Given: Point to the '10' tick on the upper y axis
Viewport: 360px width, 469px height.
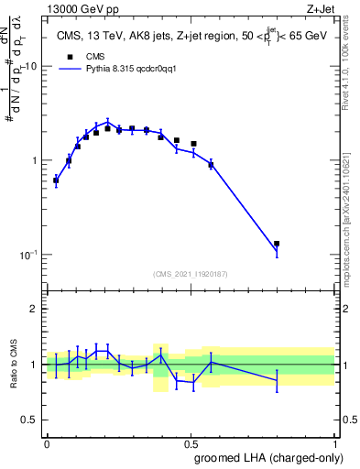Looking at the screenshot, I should click(x=31, y=66).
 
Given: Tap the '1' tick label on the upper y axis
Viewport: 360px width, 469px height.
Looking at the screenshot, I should click(x=34, y=160).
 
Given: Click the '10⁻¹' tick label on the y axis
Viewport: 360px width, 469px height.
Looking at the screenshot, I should click(x=28, y=254).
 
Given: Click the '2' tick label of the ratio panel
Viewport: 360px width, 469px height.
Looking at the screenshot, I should click(x=34, y=309).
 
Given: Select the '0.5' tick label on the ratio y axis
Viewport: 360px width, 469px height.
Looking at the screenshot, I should click(x=28, y=421).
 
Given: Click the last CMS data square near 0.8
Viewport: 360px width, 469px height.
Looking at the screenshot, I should click(x=277, y=244).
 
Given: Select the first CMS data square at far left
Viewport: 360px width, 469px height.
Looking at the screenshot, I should click(x=56, y=180).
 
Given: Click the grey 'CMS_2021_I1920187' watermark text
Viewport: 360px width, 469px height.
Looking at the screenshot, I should click(x=190, y=273).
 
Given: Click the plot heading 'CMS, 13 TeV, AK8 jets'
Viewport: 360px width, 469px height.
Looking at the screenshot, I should click(x=115, y=37).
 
